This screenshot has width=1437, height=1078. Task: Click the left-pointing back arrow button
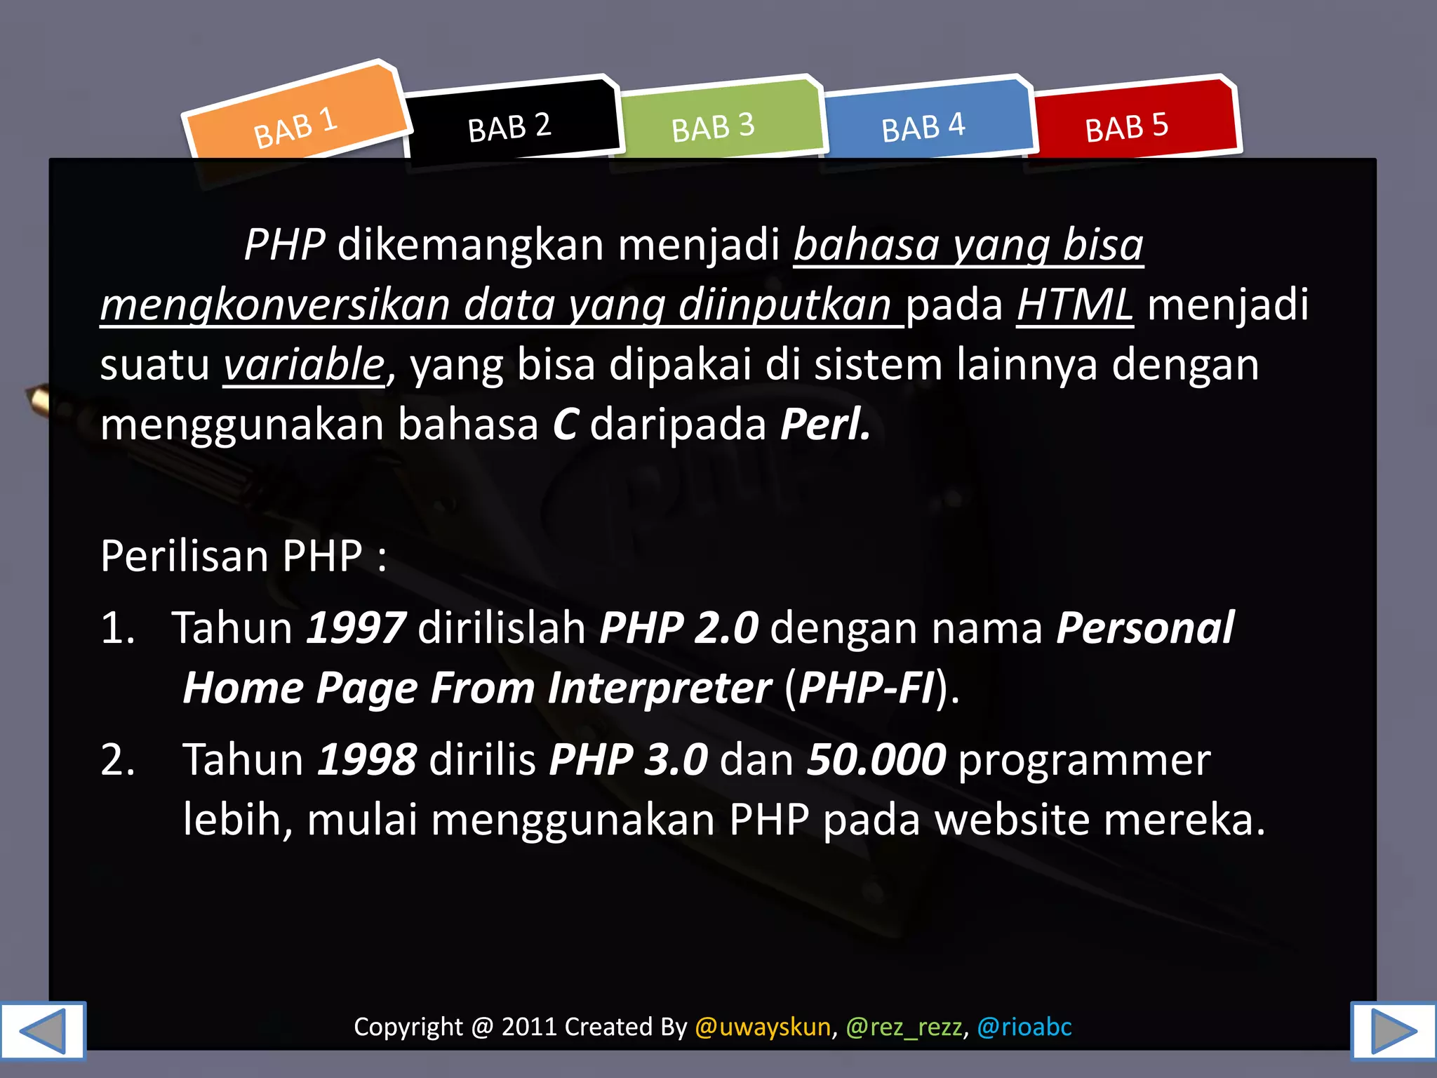[42, 1030]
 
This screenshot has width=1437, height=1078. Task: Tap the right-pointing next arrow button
[1393, 1030]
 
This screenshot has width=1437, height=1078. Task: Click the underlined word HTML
[1075, 305]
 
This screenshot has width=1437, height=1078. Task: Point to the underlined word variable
[304, 365]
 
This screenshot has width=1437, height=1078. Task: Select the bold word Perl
[825, 425]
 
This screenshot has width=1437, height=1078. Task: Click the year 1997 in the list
[356, 627]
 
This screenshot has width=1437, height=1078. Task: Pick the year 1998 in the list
[367, 759]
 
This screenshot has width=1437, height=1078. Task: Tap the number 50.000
[876, 759]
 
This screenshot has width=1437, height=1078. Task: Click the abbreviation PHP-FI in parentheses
[867, 688]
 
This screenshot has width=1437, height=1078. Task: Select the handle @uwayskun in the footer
[763, 1027]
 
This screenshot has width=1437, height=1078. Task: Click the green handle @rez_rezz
[904, 1027]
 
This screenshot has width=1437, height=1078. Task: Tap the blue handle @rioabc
[1024, 1027]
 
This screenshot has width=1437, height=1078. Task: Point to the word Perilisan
[185, 557]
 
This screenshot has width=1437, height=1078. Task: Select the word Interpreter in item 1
[660, 688]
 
